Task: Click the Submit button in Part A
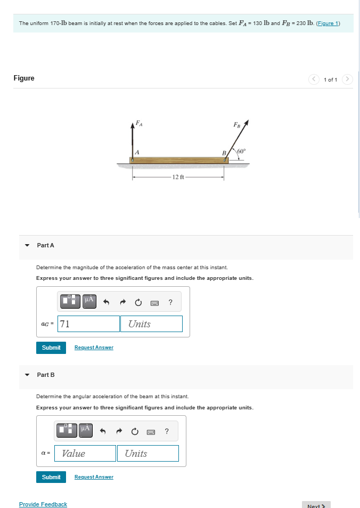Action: (51, 348)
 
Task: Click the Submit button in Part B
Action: (51, 477)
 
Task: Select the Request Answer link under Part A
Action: (94, 348)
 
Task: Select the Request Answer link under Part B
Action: (94, 477)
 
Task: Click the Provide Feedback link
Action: (43, 504)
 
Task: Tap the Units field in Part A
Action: (152, 324)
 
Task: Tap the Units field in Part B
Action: (148, 454)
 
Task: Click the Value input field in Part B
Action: (85, 454)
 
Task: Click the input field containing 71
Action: (88, 324)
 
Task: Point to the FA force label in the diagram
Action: (139, 123)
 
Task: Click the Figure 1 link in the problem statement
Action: (328, 23)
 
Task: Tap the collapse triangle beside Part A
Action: (27, 245)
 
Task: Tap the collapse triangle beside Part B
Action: (27, 375)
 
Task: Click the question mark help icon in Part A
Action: (170, 302)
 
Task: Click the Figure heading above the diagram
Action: (24, 78)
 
